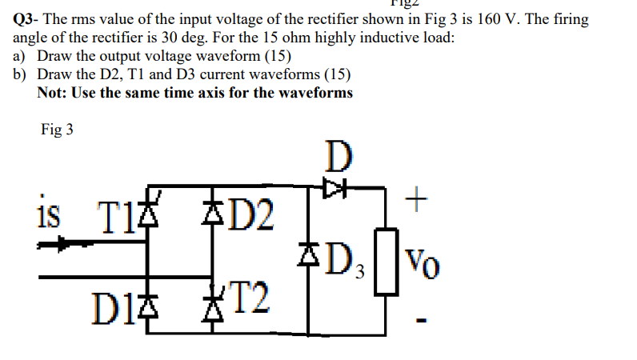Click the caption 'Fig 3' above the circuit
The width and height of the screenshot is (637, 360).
click(x=57, y=130)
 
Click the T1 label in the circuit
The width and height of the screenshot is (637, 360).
click(x=114, y=214)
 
